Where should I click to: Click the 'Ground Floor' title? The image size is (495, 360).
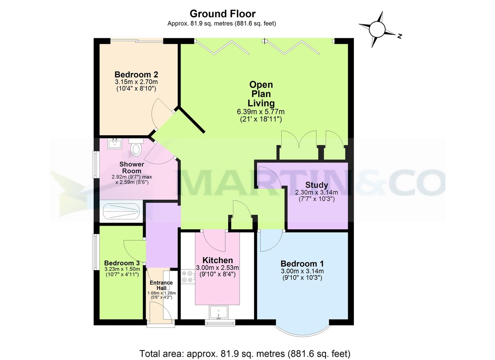[x=222, y=14]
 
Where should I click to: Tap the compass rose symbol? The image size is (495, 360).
[x=377, y=29]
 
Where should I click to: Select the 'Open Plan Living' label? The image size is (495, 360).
[x=261, y=94]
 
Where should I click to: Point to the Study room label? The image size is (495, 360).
[x=317, y=185]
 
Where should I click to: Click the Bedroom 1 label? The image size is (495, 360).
[x=302, y=264]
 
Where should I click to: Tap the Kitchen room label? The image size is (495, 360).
[x=217, y=260]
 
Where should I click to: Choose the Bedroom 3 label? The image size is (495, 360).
[x=122, y=263]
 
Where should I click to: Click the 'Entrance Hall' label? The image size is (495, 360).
[x=160, y=285]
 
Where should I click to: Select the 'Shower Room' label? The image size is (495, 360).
[x=132, y=167]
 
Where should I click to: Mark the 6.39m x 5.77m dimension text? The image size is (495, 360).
[x=261, y=112]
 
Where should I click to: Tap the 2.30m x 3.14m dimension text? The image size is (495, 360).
[x=316, y=192]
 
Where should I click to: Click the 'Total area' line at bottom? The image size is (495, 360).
[x=245, y=353]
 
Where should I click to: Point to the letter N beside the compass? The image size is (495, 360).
[x=399, y=36]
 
